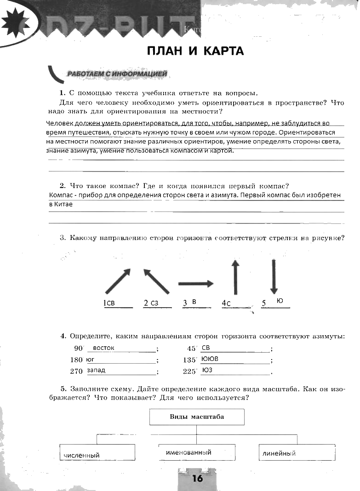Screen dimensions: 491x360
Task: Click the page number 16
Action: tap(197, 479)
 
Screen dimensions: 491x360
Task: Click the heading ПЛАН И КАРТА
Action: tap(195, 51)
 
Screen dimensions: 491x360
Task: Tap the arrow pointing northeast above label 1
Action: tap(118, 281)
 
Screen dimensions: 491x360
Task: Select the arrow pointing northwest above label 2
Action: tap(156, 281)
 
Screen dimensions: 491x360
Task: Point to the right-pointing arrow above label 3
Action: tap(196, 284)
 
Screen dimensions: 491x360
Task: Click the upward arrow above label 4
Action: tap(235, 277)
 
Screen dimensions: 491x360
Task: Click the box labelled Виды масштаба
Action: tap(197, 417)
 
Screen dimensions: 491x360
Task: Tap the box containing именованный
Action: tap(197, 452)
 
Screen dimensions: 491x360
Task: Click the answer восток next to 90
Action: tap(103, 348)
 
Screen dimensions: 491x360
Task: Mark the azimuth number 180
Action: tap(77, 360)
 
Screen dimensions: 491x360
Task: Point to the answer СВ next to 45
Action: tap(206, 348)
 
